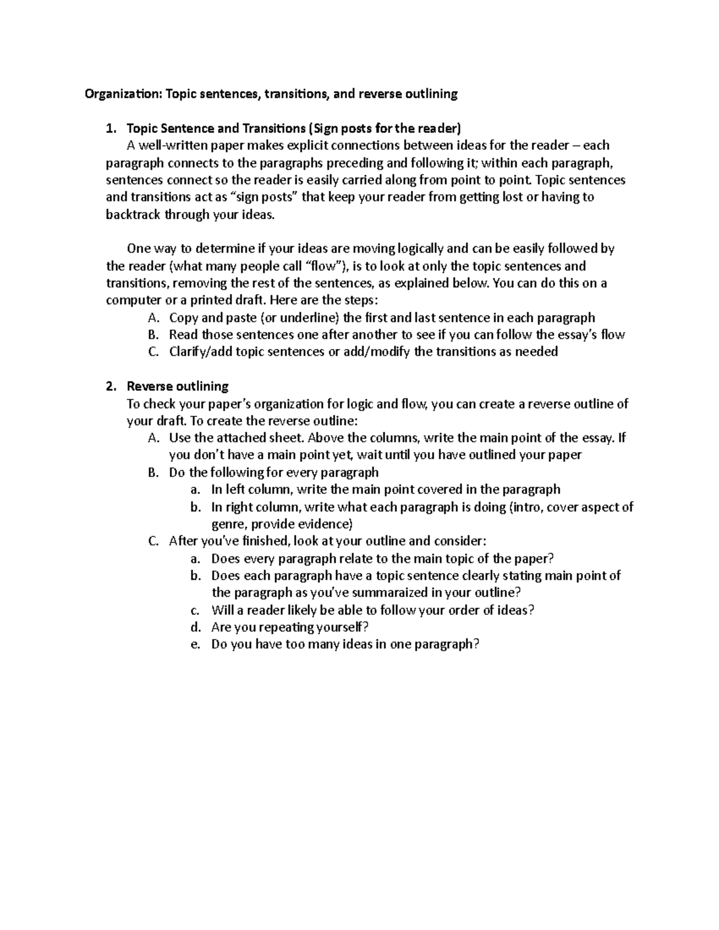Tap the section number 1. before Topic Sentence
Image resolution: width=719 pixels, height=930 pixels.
(x=110, y=128)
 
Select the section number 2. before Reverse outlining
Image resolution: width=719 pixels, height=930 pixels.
(x=110, y=386)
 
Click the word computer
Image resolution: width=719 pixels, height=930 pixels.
(x=130, y=301)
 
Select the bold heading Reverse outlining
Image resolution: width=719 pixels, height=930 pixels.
(x=178, y=386)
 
